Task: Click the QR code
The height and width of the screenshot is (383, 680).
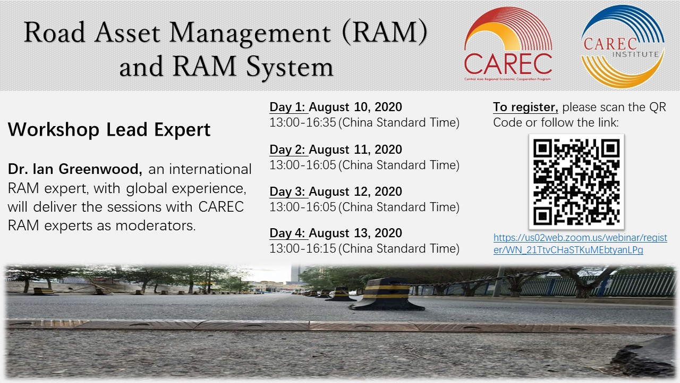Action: click(x=576, y=182)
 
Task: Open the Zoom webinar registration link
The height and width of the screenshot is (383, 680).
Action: click(x=580, y=244)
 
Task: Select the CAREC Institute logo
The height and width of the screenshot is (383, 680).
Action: click(x=623, y=46)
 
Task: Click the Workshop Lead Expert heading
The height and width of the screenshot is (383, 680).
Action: click(x=109, y=130)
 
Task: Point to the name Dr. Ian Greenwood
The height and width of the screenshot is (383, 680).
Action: click(x=75, y=169)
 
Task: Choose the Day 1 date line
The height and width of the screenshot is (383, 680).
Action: click(x=336, y=107)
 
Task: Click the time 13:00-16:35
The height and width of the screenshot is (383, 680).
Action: click(x=303, y=122)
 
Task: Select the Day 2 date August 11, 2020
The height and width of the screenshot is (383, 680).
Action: click(x=355, y=149)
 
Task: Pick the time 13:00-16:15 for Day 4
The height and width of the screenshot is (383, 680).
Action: click(x=303, y=248)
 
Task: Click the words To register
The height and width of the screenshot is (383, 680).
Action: click(x=525, y=107)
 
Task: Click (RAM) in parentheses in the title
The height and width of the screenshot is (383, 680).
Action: click(x=384, y=33)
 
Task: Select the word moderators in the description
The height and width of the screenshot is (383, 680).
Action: click(x=156, y=226)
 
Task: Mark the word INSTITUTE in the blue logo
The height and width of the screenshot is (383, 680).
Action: click(x=635, y=54)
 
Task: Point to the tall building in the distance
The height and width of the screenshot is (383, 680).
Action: click(x=296, y=274)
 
